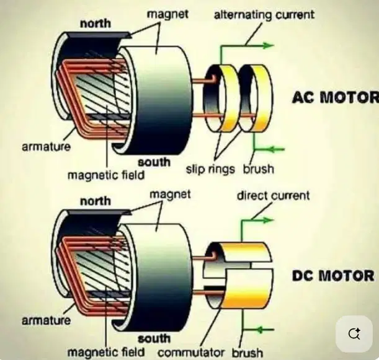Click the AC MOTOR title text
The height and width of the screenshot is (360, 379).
tap(336, 97)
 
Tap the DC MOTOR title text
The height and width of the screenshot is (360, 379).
tap(333, 276)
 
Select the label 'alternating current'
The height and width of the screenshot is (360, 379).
tap(264, 15)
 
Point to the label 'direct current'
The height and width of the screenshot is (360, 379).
tap(273, 195)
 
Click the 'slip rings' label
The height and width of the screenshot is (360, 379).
tap(210, 169)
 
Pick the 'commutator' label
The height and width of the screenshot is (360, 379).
tap(191, 353)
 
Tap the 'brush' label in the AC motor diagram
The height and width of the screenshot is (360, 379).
tap(259, 169)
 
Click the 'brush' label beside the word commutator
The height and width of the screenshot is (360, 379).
tap(247, 353)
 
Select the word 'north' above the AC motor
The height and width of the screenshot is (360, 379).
tap(96, 24)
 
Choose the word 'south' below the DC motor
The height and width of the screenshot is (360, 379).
tap(154, 338)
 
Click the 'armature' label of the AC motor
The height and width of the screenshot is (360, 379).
tap(46, 147)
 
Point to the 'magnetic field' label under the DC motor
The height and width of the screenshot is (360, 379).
tap(106, 352)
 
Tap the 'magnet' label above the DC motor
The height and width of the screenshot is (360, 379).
tap(170, 195)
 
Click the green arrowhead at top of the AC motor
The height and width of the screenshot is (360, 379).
tap(269, 45)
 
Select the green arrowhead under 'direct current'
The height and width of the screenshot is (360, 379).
tap(269, 220)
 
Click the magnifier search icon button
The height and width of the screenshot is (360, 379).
tap(354, 334)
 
